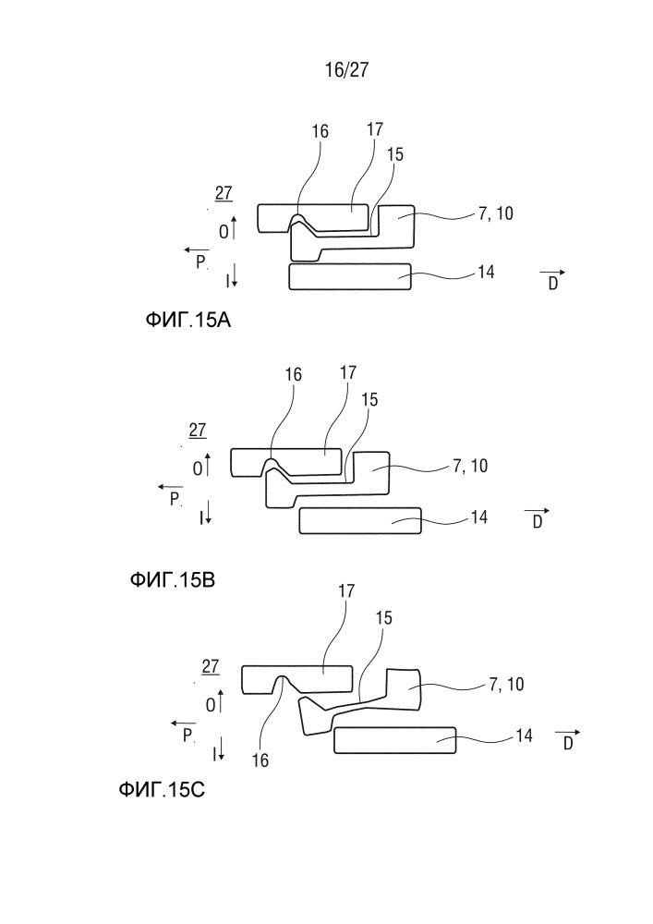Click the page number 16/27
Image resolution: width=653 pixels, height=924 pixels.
346,69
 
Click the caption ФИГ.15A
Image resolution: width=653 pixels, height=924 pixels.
187,320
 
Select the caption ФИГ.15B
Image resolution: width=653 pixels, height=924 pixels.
173,580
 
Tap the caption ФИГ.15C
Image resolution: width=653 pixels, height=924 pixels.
162,789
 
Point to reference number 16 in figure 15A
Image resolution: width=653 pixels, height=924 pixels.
320,131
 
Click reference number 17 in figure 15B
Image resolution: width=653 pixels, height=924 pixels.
348,372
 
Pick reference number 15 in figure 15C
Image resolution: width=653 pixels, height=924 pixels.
383,617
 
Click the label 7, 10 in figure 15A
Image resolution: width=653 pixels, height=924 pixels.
495,213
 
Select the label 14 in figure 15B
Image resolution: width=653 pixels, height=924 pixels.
479,517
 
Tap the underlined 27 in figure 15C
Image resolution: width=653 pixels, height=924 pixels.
211,667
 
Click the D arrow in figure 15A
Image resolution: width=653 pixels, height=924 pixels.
552,273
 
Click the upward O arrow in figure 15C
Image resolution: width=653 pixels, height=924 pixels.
221,700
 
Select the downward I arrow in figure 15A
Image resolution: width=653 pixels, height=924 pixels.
234,275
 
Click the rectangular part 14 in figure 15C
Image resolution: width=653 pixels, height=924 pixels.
395,740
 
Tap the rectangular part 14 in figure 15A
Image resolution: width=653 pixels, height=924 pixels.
350,276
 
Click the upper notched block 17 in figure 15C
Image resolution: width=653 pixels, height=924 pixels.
297,679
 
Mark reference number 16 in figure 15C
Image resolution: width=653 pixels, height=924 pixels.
260,760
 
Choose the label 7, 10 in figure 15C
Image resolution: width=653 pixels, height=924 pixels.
506,684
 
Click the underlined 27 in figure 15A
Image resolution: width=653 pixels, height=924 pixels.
224,193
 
